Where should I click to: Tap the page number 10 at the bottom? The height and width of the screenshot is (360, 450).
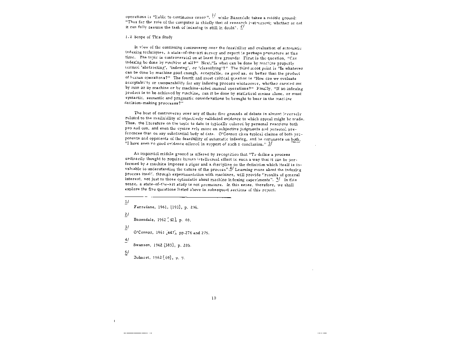coord(214,298)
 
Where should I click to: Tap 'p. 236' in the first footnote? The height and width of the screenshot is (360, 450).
coord(191,207)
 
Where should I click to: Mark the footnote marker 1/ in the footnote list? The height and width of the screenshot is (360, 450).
coord(127,202)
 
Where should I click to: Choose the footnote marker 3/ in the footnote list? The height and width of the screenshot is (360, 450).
coord(127,227)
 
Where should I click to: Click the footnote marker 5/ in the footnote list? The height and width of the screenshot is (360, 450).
coord(127,252)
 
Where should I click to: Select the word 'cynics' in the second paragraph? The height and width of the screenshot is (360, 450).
coord(170,129)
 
